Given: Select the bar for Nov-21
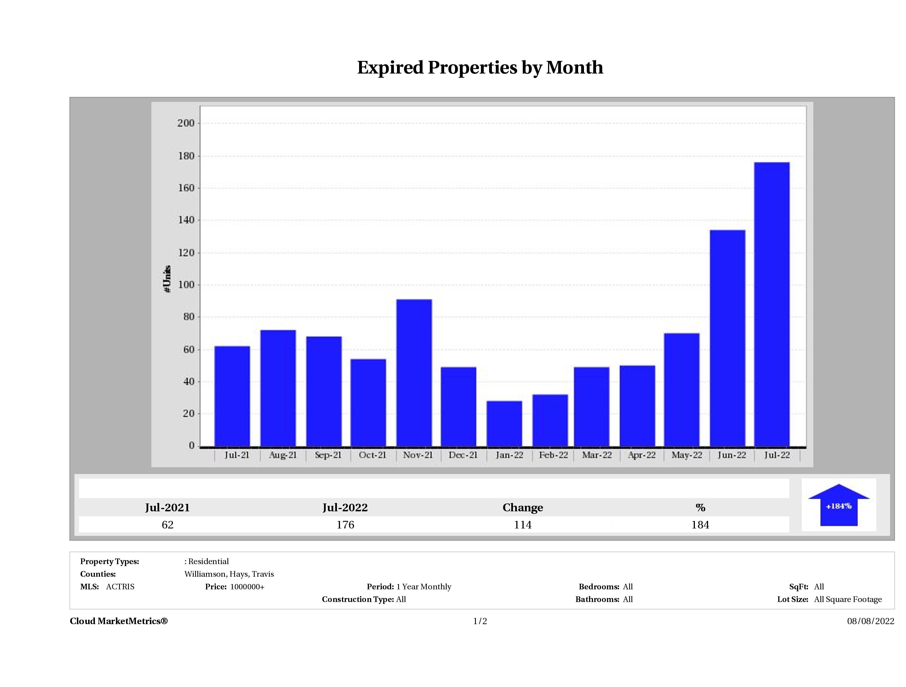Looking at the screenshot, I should click(414, 373).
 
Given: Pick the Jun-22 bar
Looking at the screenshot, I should click(727, 338).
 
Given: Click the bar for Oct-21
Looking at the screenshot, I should click(368, 402).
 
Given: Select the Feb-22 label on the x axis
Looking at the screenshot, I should click(553, 455).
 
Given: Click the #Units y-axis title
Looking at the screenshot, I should click(167, 278).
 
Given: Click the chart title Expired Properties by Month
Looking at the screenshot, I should click(480, 68).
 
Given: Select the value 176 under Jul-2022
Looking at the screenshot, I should click(345, 525).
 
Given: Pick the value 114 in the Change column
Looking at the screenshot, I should click(523, 525).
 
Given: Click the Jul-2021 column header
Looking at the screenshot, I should click(168, 508).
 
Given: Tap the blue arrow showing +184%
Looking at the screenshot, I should click(838, 506).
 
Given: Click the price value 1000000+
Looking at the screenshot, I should click(247, 587).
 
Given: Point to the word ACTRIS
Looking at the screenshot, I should click(120, 587).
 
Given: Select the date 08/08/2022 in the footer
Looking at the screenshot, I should click(870, 621).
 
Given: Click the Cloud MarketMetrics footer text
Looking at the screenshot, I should click(119, 621).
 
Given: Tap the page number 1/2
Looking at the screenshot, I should click(480, 621).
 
